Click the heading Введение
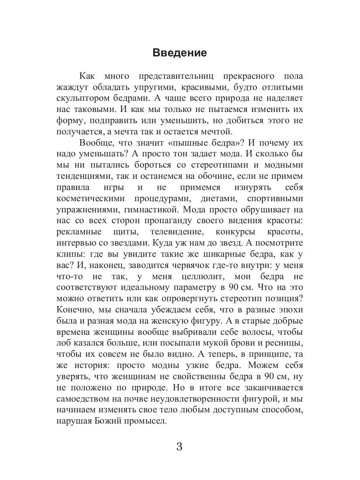point(180,53)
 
